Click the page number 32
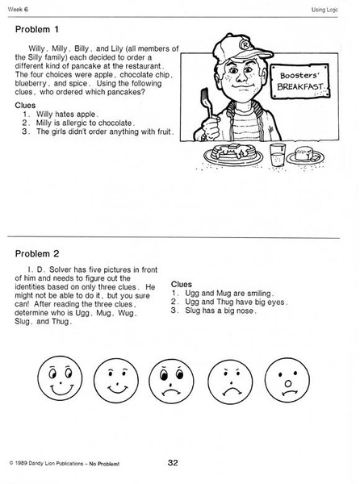pos(173,462)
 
